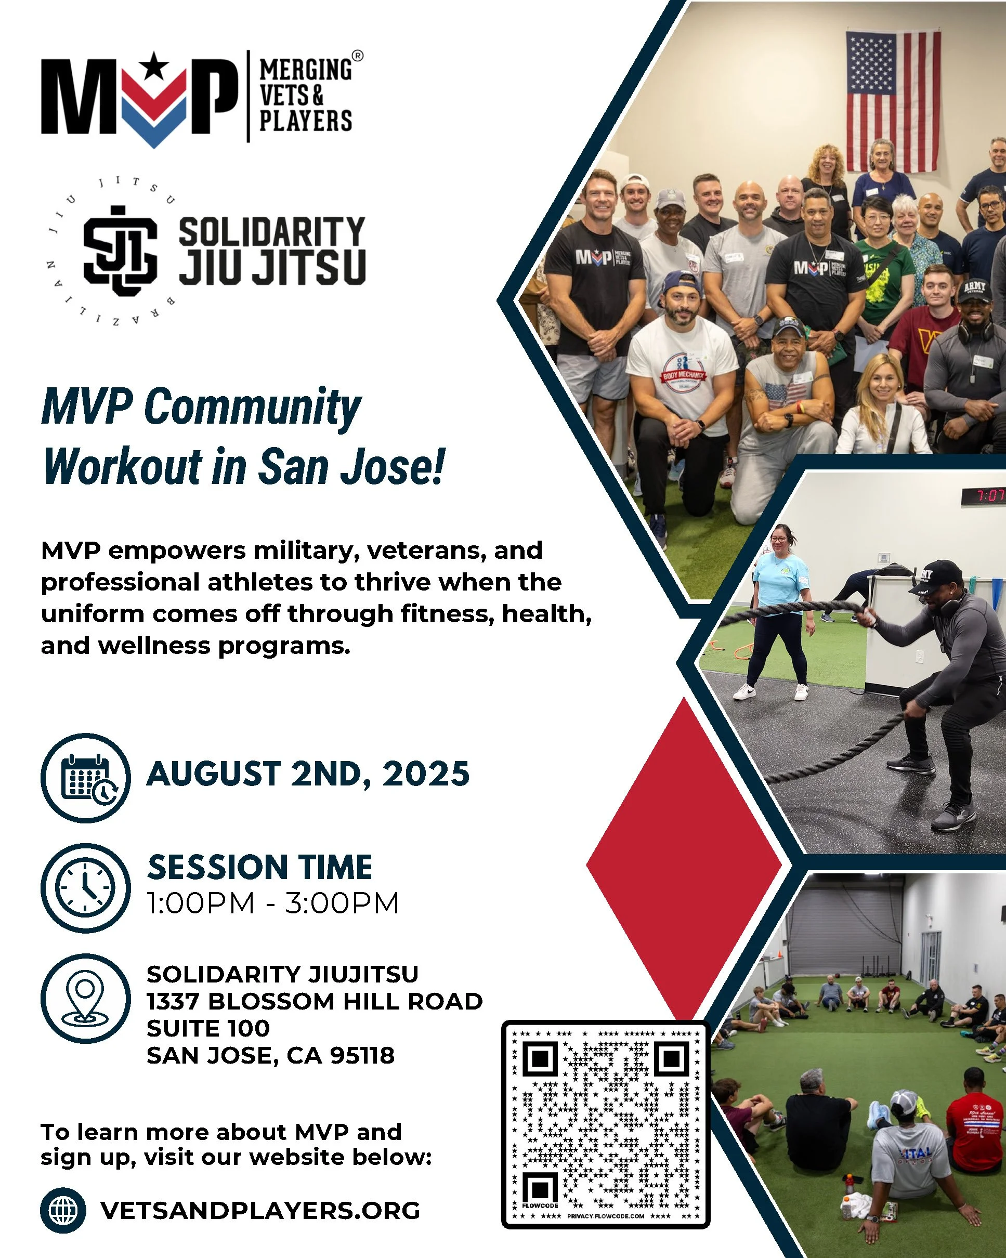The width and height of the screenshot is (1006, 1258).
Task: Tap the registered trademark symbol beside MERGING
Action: click(358, 56)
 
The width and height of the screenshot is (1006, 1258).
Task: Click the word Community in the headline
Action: click(253, 407)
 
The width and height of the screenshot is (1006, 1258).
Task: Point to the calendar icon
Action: click(86, 778)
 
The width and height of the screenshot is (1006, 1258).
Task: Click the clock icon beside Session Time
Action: click(86, 887)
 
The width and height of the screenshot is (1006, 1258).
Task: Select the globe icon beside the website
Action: click(63, 1210)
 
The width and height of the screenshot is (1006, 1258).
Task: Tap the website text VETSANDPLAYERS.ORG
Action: click(260, 1210)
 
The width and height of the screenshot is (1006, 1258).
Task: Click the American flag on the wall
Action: click(893, 102)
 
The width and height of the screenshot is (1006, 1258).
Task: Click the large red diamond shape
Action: click(684, 863)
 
